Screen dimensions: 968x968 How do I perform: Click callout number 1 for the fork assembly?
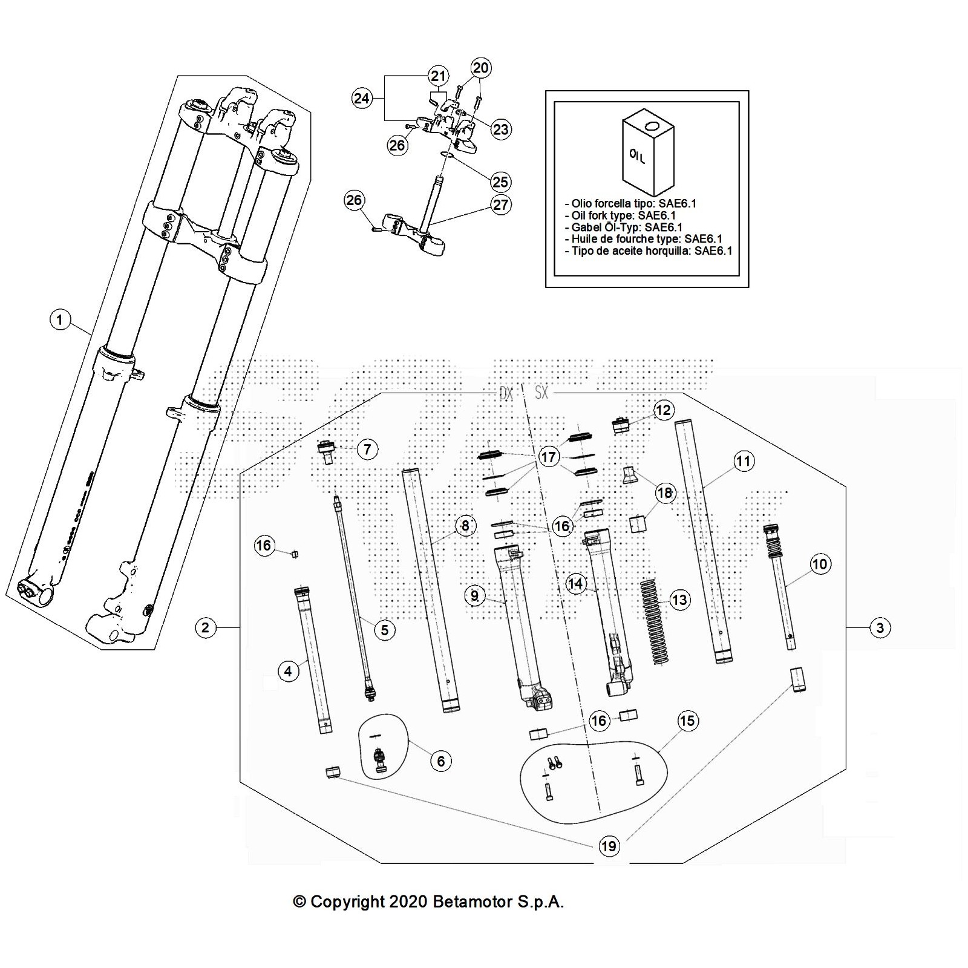pyautogui.click(x=60, y=319)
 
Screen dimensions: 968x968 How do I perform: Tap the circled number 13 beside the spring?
pyautogui.click(x=679, y=600)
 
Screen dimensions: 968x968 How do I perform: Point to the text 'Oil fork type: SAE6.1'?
pyautogui.click(x=623, y=215)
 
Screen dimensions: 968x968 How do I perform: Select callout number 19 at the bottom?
pyautogui.click(x=609, y=846)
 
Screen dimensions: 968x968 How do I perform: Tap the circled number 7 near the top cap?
pyautogui.click(x=367, y=449)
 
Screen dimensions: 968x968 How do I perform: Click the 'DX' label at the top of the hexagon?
pyautogui.click(x=506, y=393)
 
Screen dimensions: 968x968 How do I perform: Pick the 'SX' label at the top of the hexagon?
pyautogui.click(x=541, y=393)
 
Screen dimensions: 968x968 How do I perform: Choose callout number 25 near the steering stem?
pyautogui.click(x=500, y=181)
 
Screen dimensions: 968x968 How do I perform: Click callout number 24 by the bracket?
pyautogui.click(x=362, y=97)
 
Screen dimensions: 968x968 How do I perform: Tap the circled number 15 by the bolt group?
pyautogui.click(x=687, y=721)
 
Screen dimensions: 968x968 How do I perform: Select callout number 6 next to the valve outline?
pyautogui.click(x=440, y=760)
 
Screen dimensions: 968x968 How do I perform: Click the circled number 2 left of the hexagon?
pyautogui.click(x=206, y=627)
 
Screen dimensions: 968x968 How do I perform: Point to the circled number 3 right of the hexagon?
pyautogui.click(x=880, y=627)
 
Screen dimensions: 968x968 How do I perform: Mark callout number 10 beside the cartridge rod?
pyautogui.click(x=819, y=564)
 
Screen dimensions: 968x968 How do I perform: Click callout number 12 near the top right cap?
pyautogui.click(x=663, y=410)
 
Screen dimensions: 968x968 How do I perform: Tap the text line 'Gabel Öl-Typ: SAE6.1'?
pyautogui.click(x=627, y=227)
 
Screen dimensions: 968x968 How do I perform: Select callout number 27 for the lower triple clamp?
pyautogui.click(x=501, y=205)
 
